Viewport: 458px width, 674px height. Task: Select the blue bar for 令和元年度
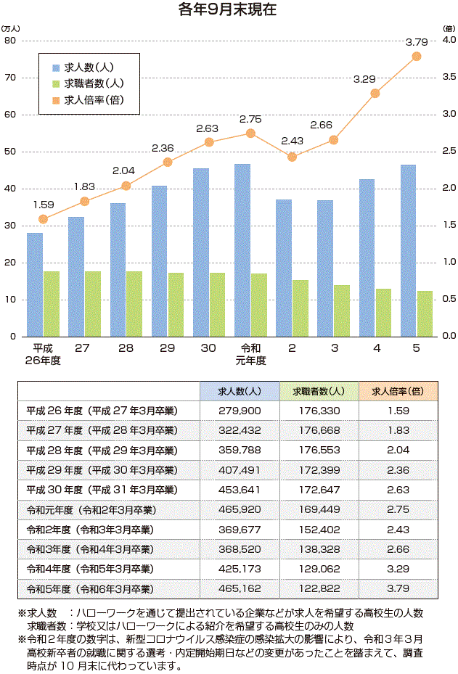tap(242, 250)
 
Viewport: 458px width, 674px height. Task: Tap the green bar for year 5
tap(425, 313)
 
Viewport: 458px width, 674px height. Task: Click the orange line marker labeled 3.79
tap(417, 56)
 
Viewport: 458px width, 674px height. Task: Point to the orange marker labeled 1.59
tap(43, 219)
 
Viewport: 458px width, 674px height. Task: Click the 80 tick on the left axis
tap(10, 41)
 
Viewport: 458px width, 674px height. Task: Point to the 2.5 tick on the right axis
tap(449, 152)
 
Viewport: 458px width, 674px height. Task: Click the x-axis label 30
tap(208, 349)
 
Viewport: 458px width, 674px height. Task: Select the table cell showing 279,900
tap(240, 411)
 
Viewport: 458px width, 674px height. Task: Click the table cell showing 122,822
tap(318, 587)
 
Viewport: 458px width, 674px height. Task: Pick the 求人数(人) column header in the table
tap(240, 391)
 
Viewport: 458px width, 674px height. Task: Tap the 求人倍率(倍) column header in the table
tap(398, 391)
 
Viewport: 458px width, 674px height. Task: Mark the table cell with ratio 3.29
tap(398, 567)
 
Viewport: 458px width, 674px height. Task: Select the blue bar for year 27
tap(76, 276)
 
